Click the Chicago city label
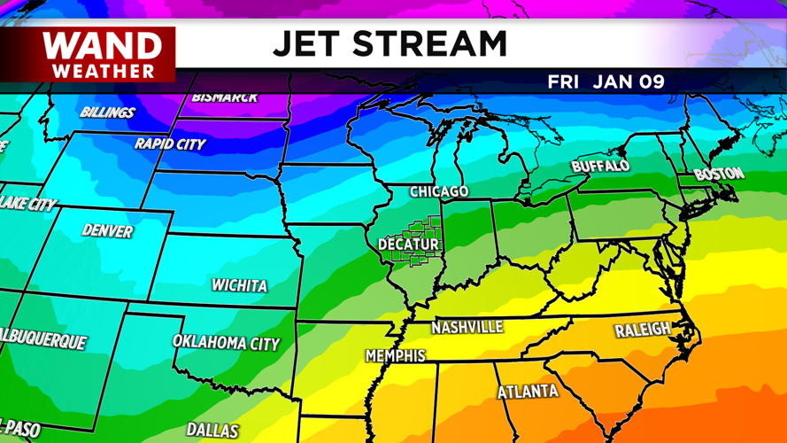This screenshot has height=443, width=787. click(x=439, y=191)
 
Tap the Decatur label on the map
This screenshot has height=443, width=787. click(x=408, y=244)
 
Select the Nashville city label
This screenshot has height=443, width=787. click(x=467, y=328)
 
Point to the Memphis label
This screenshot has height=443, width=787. click(x=395, y=356)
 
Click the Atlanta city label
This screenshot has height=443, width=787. click(x=528, y=392)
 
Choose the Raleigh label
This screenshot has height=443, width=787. click(x=643, y=330)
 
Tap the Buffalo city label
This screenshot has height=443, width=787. click(x=600, y=166)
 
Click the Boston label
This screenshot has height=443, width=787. click(x=719, y=174)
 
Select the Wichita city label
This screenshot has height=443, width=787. click(x=239, y=285)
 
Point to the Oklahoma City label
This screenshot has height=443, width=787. click(x=226, y=342)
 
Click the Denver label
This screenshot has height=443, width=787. click(x=107, y=231)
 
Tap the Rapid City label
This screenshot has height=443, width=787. click(x=170, y=144)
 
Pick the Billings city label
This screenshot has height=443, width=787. click(x=107, y=113)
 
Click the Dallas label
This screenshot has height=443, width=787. click(x=212, y=431)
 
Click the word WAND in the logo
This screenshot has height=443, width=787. click(x=103, y=46)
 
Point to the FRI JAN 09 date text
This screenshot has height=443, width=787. click(x=606, y=82)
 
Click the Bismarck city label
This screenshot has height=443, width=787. click(x=224, y=97)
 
